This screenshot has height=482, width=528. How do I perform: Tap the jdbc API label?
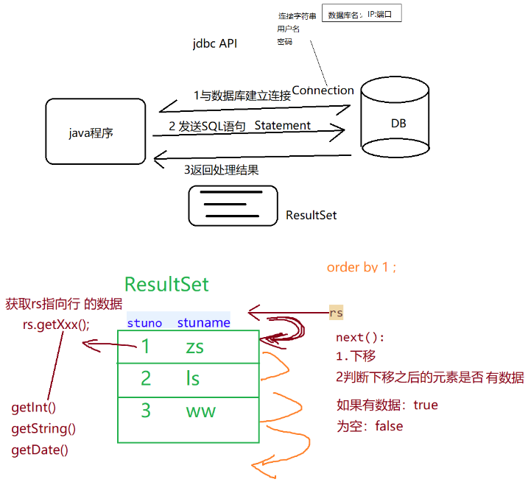[214, 44]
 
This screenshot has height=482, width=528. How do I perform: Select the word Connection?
[323, 91]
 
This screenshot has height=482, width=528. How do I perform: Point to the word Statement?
[283, 126]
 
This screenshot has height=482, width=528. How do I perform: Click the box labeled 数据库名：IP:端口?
[362, 14]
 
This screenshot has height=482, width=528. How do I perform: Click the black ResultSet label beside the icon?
[311, 216]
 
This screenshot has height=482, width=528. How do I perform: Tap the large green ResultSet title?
[166, 285]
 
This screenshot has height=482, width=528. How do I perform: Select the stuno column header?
[144, 323]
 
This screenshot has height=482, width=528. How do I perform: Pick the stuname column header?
[204, 323]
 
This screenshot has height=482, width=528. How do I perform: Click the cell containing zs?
[194, 347]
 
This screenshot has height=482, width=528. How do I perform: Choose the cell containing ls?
[193, 379]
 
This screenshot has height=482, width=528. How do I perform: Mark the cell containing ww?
[200, 411]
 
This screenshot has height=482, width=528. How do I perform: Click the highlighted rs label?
[336, 313]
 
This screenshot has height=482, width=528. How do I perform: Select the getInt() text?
[34, 407]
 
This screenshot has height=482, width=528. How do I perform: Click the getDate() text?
[40, 450]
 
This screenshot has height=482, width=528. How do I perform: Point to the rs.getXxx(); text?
[56, 324]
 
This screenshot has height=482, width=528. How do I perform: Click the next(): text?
[360, 338]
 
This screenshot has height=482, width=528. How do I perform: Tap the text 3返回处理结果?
[221, 170]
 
